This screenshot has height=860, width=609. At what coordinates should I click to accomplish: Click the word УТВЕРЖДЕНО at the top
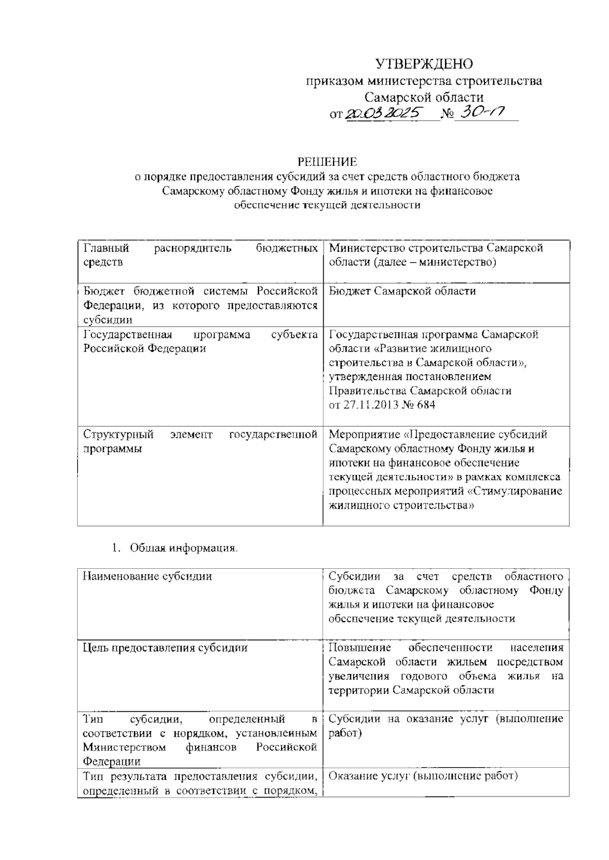[424, 64]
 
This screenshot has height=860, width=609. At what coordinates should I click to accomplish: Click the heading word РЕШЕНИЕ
[327, 162]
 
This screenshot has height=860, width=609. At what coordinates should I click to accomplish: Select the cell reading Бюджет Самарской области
[402, 291]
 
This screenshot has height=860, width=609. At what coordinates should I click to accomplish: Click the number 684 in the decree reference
[425, 405]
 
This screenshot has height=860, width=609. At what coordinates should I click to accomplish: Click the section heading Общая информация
[183, 548]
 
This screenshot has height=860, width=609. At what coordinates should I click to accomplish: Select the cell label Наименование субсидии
[148, 576]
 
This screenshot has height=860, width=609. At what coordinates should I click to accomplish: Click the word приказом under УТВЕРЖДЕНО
[334, 81]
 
